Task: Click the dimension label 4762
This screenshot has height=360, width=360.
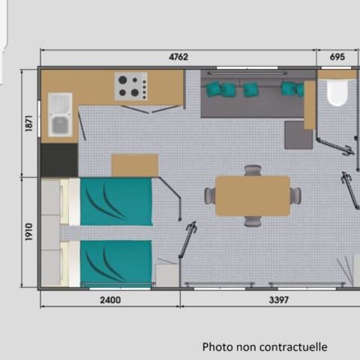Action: [178, 56]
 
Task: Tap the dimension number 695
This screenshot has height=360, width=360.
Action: [337, 56]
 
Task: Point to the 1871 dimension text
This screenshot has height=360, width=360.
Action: [28, 124]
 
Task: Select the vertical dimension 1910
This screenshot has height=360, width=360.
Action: [28, 232]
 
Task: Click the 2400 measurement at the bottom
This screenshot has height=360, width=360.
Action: [109, 300]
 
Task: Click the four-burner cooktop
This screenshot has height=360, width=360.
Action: [131, 86]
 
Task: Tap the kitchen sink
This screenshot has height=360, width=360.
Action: [60, 115]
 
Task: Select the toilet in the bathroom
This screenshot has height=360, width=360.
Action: [337, 93]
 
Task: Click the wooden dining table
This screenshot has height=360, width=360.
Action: [253, 196]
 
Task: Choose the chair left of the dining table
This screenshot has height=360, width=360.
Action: [210, 196]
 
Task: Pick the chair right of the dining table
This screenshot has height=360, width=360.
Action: [296, 196]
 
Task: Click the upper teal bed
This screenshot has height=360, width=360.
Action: [116, 202]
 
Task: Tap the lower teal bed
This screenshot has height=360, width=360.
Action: [116, 263]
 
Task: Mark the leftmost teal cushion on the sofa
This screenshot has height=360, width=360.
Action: [215, 89]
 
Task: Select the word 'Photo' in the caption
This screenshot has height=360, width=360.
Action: [217, 346]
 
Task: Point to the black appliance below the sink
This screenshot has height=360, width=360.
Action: [59, 160]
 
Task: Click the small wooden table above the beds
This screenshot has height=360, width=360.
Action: [134, 165]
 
